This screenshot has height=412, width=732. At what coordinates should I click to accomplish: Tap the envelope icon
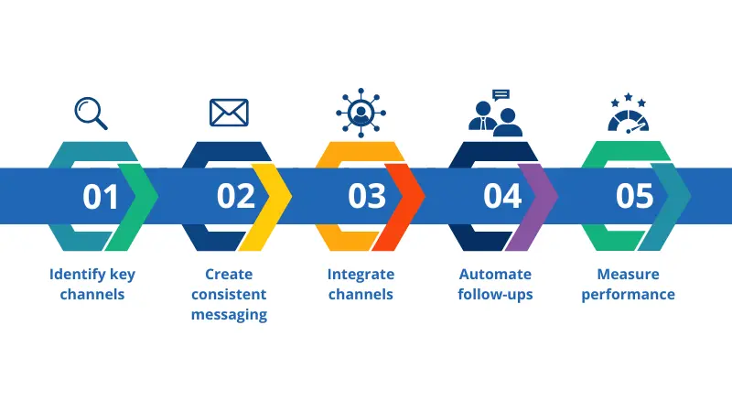click(229, 112)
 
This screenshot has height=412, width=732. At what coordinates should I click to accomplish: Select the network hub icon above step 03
click(361, 111)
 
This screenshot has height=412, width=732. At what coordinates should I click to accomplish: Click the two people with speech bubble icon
click(495, 113)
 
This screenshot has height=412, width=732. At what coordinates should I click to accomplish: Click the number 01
click(101, 197)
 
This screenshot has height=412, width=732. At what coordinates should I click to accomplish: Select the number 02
click(235, 197)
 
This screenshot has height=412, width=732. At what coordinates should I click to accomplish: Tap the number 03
click(368, 197)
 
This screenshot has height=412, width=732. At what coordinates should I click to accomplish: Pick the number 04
click(502, 197)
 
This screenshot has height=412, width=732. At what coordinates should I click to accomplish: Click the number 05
click(635, 197)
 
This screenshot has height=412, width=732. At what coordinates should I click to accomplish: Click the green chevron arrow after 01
click(138, 197)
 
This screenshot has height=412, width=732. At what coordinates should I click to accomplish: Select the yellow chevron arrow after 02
click(272, 197)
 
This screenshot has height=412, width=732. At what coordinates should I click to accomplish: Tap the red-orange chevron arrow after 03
click(405, 197)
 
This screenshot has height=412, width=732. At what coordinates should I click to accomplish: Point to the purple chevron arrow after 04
click(538, 197)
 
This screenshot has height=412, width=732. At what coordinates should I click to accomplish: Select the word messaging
click(229, 314)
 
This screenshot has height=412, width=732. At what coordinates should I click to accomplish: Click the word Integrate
click(361, 274)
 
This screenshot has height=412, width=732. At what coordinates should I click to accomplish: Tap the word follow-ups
click(495, 294)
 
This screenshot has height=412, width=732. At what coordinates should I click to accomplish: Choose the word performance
click(628, 294)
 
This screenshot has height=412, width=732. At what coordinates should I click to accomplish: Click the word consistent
click(229, 294)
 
